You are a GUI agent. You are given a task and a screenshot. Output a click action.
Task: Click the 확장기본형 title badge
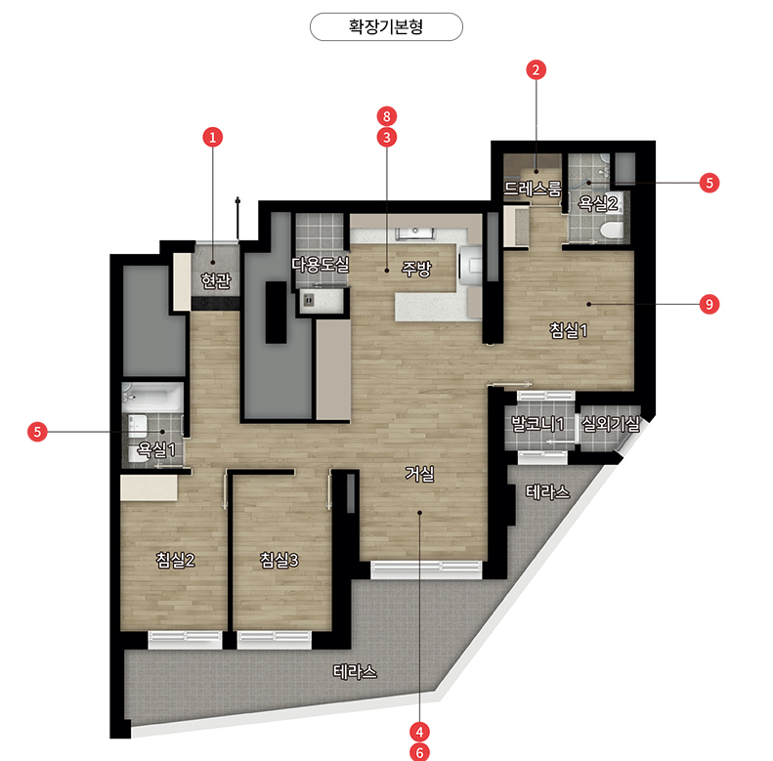[386, 26]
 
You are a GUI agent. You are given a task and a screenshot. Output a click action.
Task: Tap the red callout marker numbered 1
[213, 137]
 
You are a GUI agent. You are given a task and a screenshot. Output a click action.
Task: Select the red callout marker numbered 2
[536, 69]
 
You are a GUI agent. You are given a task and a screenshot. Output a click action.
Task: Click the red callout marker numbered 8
[387, 116]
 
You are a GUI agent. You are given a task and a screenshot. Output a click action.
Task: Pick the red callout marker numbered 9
[709, 304]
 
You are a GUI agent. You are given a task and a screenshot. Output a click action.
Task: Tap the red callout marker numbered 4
[419, 732]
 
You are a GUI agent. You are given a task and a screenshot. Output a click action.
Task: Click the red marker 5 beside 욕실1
[37, 432]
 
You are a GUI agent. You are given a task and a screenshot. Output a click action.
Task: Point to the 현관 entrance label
[216, 280]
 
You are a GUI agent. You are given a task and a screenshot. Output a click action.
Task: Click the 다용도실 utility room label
[321, 265]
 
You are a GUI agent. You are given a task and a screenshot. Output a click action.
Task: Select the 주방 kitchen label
[416, 269]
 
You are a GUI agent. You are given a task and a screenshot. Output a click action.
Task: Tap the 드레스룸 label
[533, 189]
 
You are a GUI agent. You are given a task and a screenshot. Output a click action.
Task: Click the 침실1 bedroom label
[569, 330]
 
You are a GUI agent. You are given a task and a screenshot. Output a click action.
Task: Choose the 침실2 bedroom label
[176, 560]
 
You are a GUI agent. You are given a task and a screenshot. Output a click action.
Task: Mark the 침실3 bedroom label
[279, 560]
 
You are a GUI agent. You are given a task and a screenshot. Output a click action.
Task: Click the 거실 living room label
[419, 474]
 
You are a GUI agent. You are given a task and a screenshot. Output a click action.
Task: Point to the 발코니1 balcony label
[537, 424]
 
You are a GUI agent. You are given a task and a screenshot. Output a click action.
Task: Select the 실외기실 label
[611, 423]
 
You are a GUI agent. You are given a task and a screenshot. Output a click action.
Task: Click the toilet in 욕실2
[613, 231]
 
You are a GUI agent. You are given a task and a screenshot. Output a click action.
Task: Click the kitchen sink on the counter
[415, 233]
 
